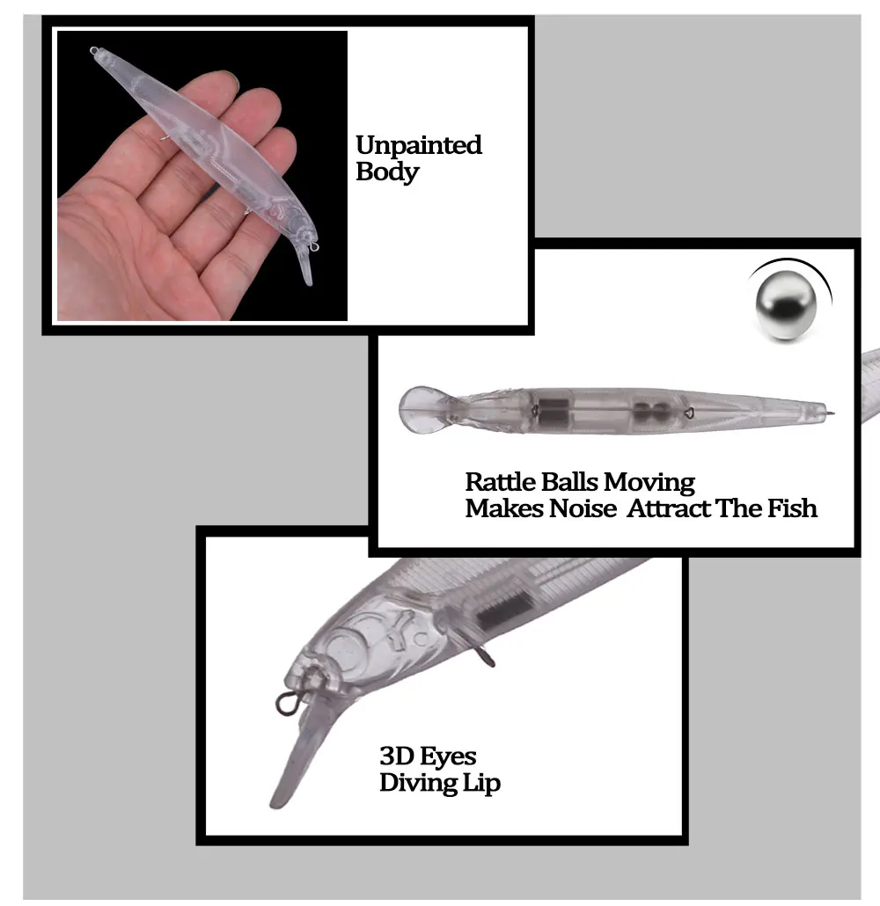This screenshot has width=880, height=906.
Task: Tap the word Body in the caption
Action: pyautogui.click(x=387, y=172)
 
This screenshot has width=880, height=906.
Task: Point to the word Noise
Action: pyautogui.click(x=583, y=508)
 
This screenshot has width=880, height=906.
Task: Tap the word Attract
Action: pyautogui.click(x=669, y=508)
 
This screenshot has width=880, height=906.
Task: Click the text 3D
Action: pyautogui.click(x=396, y=756)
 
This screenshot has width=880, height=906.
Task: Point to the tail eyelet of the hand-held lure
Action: pyautogui.click(x=93, y=51)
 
